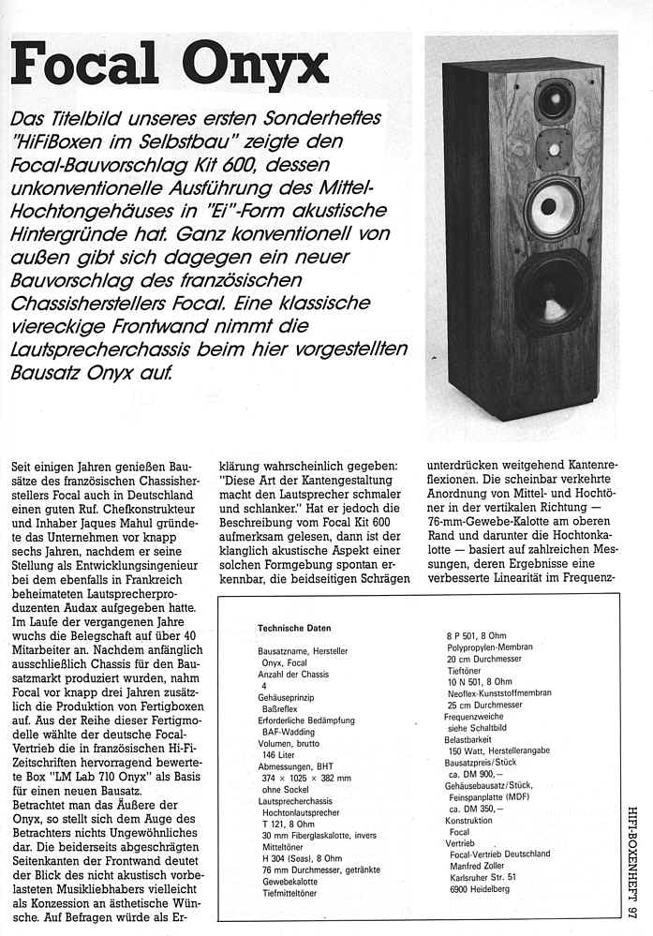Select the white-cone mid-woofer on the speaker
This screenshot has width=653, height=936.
click(x=552, y=205)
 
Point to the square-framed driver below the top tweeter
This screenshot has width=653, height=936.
click(x=553, y=149)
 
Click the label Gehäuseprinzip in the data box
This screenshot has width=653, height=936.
click(x=289, y=698)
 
